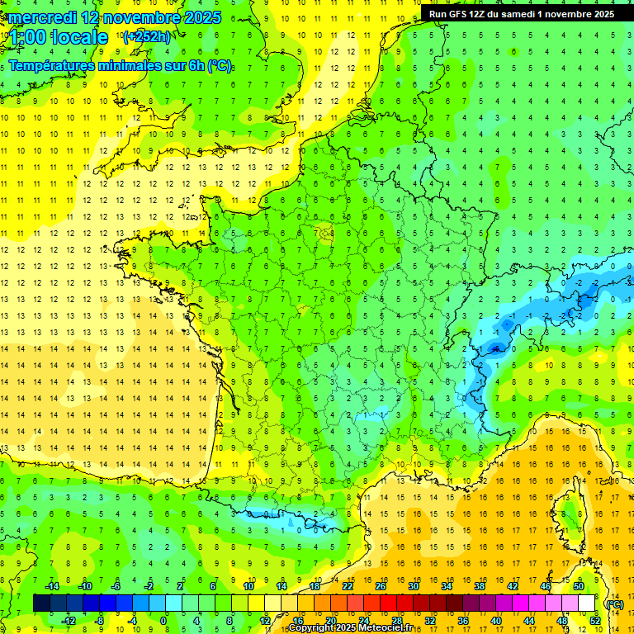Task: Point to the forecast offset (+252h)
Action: tap(147, 37)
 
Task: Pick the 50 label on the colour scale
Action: tap(579, 586)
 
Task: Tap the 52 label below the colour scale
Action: tap(595, 621)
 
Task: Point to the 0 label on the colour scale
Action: tap(163, 621)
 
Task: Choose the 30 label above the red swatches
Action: tap(414, 586)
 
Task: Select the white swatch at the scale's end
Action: tap(587, 603)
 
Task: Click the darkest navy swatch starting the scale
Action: tap(41, 603)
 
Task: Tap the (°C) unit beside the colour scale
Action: tap(615, 604)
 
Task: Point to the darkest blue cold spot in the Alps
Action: tap(495, 348)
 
